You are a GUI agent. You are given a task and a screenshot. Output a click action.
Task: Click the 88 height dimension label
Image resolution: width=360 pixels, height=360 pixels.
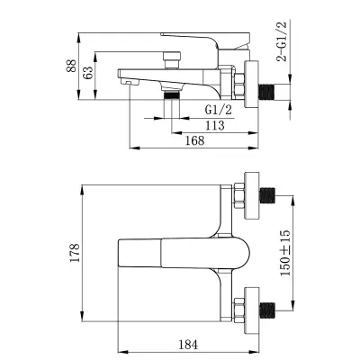coord(71,66)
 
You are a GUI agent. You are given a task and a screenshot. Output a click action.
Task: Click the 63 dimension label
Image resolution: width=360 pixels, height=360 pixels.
coord(88,73)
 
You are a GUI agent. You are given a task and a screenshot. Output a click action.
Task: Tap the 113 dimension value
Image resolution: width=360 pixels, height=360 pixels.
coord(215,125)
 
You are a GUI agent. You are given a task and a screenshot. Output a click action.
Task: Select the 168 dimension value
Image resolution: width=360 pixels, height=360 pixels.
coord(194,140)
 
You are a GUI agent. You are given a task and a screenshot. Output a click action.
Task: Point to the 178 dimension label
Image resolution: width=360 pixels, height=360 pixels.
coord(75,253)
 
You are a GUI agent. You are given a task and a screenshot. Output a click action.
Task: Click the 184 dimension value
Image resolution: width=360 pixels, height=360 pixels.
coord(188,345)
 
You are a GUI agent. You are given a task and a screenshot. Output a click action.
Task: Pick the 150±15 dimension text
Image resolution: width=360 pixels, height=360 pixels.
coord(285,253)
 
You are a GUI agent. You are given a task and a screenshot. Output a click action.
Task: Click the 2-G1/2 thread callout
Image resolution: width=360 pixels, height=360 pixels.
coord(282,41)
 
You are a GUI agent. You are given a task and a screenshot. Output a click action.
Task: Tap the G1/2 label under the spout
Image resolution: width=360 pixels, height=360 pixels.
coord(219,110)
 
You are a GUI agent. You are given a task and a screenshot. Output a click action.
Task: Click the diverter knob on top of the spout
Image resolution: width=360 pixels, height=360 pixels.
coord(172,60)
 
